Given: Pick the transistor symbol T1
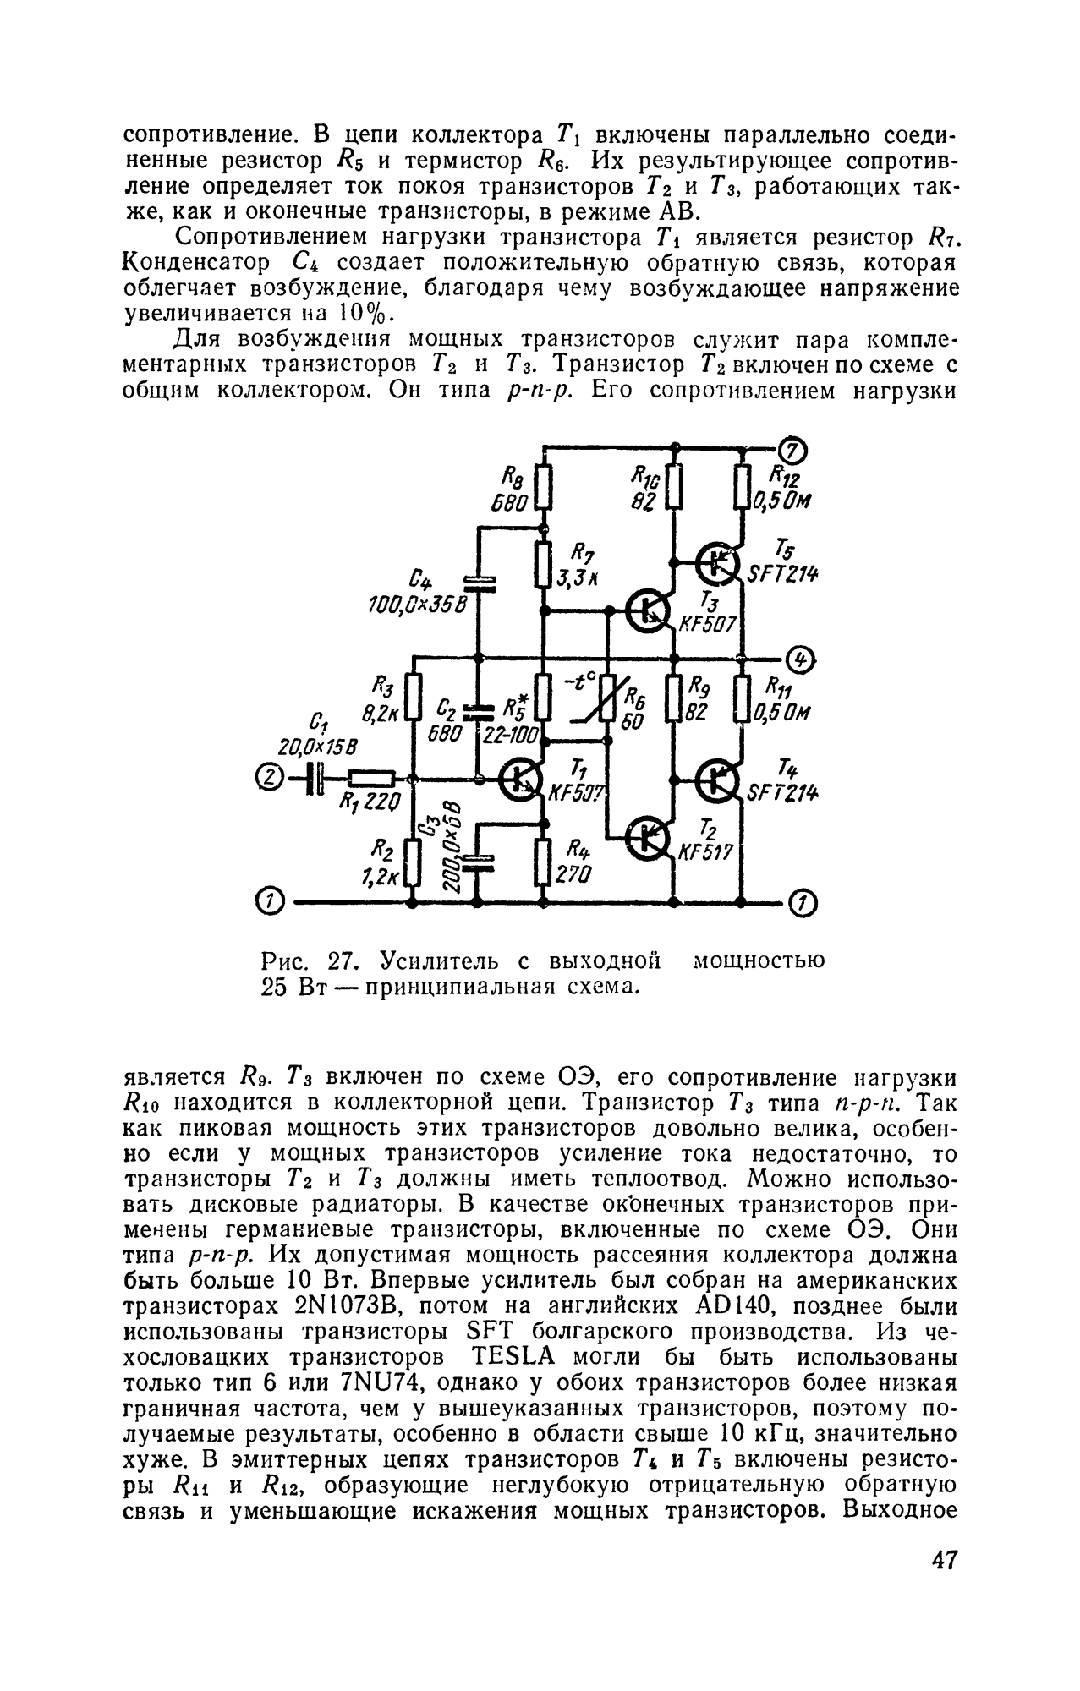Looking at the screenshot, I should coord(518,780).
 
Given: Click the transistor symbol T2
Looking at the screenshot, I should coord(650,837).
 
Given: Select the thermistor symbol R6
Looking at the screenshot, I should coord(608,700).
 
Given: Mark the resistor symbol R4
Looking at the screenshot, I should coord(543,862).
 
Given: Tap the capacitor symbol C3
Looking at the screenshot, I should coord(477,862).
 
